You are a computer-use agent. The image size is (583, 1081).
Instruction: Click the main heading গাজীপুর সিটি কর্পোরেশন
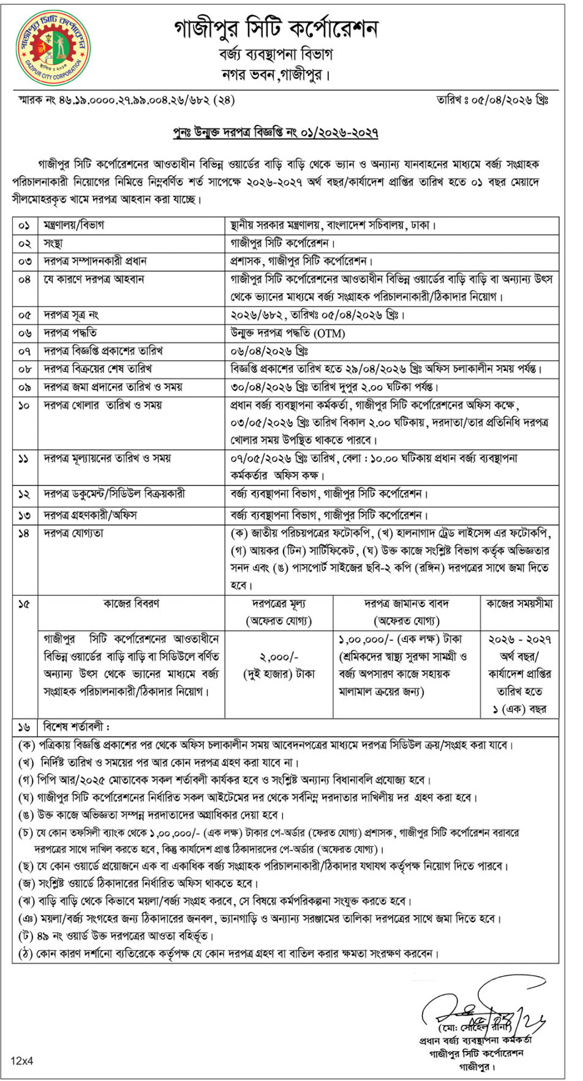click(x=276, y=29)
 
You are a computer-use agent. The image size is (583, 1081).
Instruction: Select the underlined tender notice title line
click(x=276, y=133)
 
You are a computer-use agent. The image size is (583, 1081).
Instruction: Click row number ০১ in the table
click(x=24, y=225)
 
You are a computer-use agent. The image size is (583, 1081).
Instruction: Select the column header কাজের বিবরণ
click(x=131, y=604)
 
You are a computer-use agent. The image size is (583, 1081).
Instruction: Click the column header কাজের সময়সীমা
click(x=519, y=604)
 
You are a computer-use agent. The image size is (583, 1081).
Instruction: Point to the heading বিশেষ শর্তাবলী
click(x=76, y=727)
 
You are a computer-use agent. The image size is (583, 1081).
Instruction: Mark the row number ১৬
click(x=24, y=727)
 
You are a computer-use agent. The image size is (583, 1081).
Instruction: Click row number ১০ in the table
click(x=24, y=405)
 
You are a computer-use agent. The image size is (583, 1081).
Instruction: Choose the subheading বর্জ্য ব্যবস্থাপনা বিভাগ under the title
click(x=276, y=54)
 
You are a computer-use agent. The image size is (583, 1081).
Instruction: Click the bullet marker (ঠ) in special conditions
click(x=25, y=954)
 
